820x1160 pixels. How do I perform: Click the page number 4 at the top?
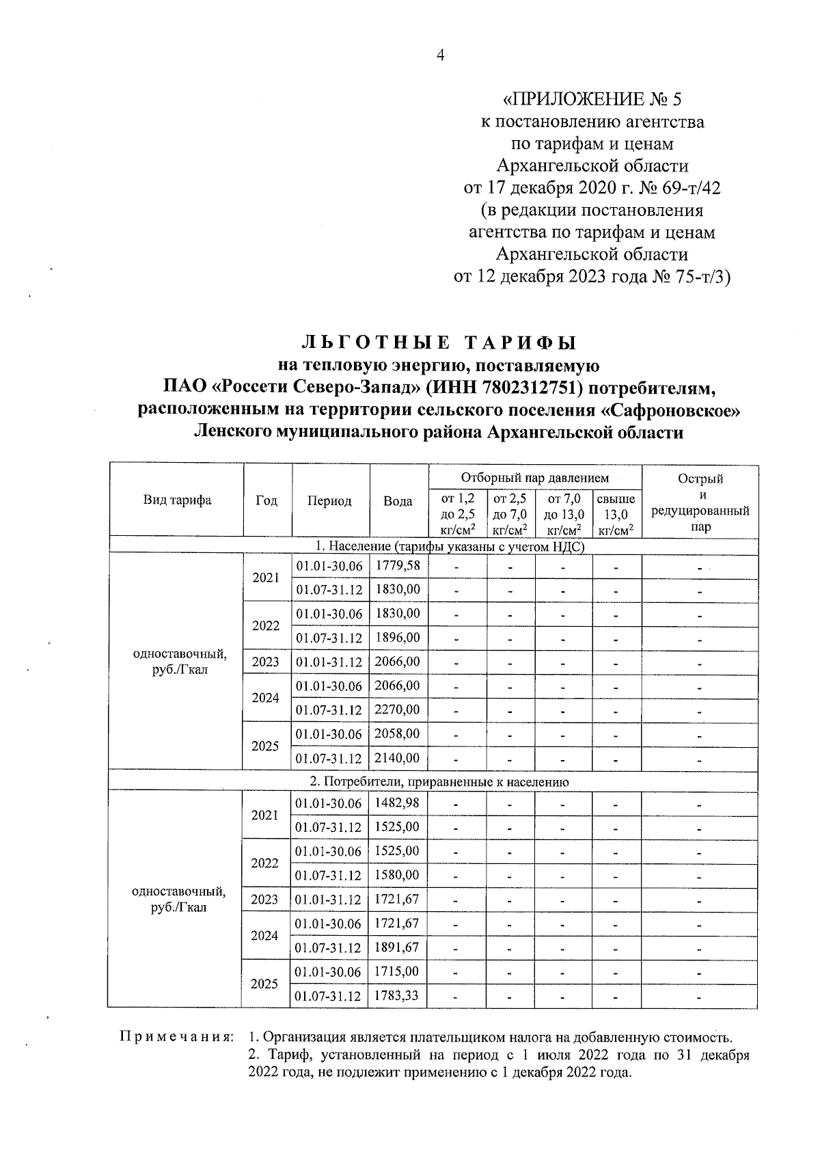click(x=440, y=55)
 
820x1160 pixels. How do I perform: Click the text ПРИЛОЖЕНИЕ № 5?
click(x=592, y=100)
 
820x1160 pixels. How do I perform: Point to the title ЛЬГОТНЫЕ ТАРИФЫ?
click(x=439, y=342)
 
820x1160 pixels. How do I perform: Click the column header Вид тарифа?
click(x=177, y=500)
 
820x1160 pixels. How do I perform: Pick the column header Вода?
click(x=398, y=501)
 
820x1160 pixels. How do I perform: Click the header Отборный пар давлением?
click(x=534, y=478)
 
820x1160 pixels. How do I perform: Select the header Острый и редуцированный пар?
click(x=700, y=502)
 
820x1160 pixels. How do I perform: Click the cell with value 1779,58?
click(x=398, y=565)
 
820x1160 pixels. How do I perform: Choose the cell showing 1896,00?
click(x=398, y=638)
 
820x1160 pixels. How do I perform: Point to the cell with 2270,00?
click(x=398, y=710)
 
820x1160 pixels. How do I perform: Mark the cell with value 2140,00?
click(x=398, y=758)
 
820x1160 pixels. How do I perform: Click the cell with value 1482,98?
click(x=398, y=803)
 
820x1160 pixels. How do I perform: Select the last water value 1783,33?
click(x=398, y=996)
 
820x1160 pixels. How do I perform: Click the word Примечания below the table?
click(x=176, y=1037)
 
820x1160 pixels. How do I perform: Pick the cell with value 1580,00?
click(x=398, y=875)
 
